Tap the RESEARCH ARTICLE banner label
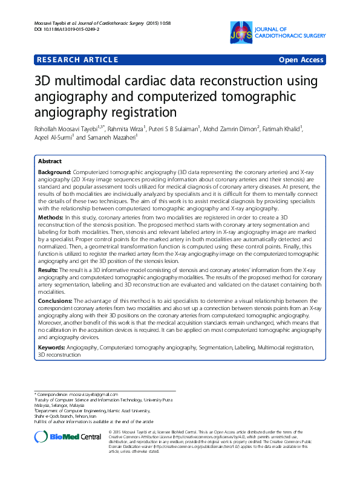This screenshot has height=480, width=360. [x=77, y=59]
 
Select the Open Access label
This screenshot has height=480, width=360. [x=301, y=60]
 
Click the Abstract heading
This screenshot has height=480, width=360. [x=50, y=162]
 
